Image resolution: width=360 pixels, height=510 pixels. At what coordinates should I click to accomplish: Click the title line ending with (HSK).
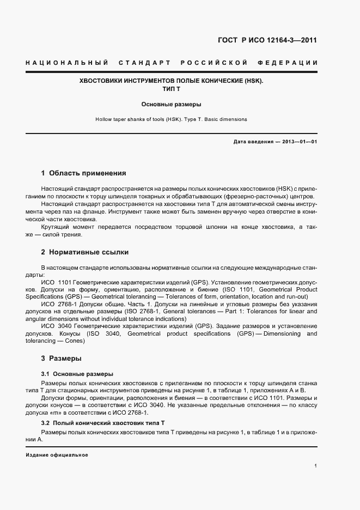171,80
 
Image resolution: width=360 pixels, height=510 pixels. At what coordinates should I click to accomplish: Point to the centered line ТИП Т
171,88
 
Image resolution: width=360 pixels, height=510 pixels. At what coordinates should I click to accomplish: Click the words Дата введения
253,142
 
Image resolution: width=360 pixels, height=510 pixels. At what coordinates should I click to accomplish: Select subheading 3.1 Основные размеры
77,374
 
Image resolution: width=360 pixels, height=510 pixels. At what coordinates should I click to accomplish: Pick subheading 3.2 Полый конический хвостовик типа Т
103,423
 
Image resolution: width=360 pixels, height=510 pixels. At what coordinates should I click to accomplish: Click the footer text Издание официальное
57,454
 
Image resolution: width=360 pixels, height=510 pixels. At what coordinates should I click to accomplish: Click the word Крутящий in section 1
54,227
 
